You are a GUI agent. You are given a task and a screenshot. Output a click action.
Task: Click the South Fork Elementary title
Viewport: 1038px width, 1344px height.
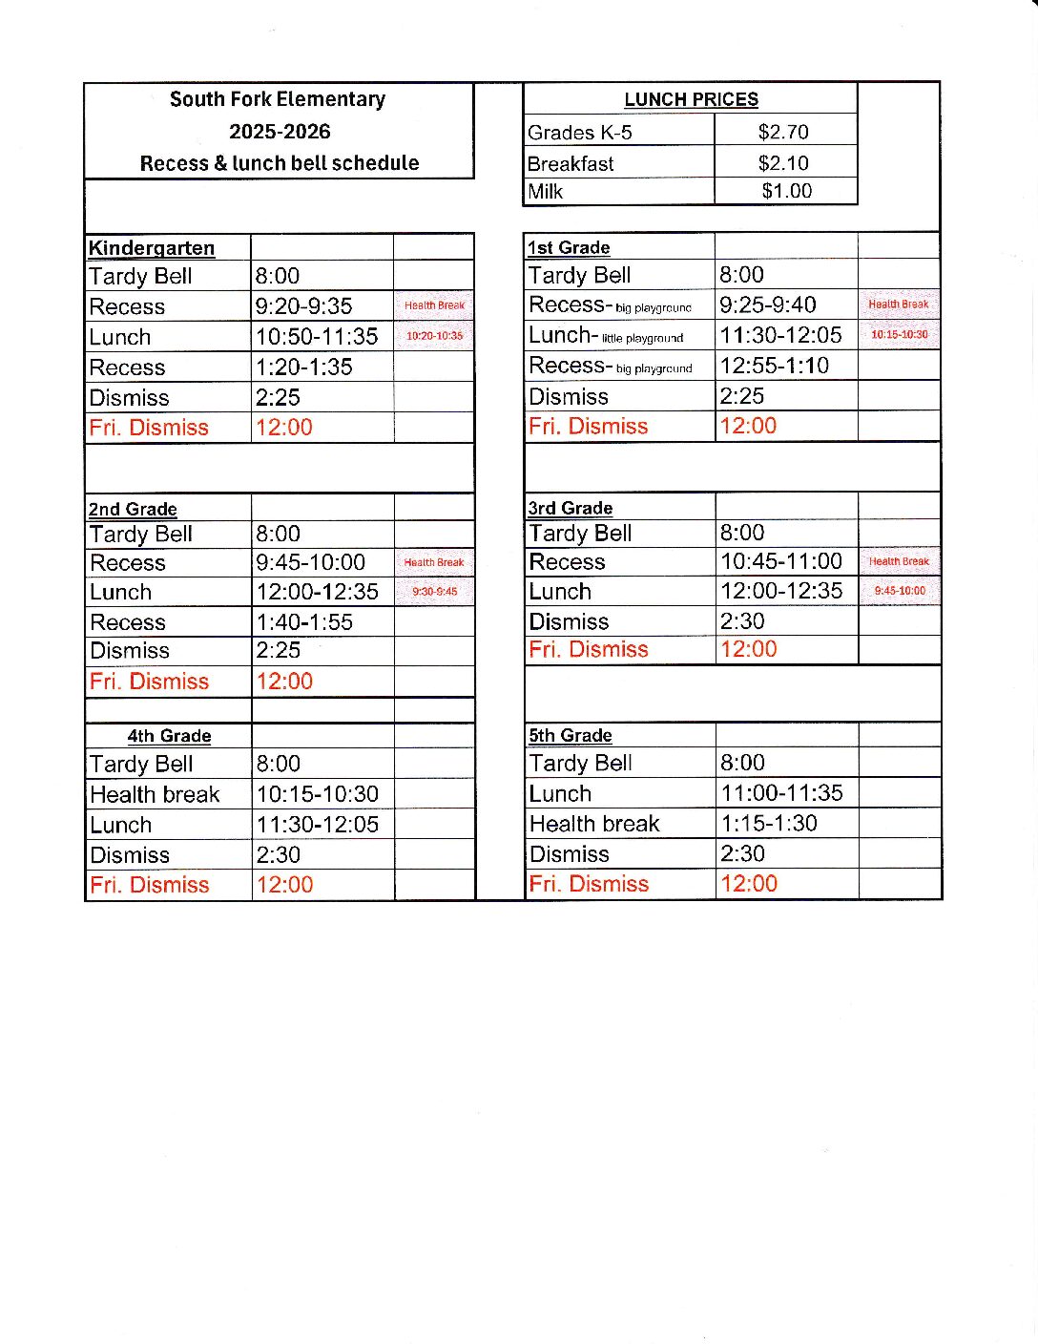pyautogui.click(x=278, y=99)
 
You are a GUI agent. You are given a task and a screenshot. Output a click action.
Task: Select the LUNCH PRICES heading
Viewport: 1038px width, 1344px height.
pyautogui.click(x=691, y=99)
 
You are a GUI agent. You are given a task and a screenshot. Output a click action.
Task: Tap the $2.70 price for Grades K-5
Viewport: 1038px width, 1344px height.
pyautogui.click(x=783, y=132)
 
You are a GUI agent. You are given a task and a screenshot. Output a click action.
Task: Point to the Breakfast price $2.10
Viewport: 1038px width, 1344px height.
pyautogui.click(x=783, y=163)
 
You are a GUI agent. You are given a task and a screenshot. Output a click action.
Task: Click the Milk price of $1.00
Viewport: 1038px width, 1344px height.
pyautogui.click(x=786, y=191)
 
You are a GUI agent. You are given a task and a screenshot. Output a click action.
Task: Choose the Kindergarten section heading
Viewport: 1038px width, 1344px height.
pyautogui.click(x=152, y=248)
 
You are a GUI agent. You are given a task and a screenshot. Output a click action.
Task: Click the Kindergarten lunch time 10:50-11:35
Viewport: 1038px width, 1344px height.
pyautogui.click(x=317, y=337)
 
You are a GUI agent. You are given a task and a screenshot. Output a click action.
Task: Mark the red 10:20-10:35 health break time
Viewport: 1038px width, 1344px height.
pyautogui.click(x=434, y=336)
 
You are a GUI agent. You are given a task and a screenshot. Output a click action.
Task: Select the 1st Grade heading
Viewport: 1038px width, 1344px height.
pyautogui.click(x=569, y=248)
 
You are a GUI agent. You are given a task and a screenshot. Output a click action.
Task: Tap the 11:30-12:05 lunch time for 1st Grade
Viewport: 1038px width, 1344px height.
pyautogui.click(x=780, y=335)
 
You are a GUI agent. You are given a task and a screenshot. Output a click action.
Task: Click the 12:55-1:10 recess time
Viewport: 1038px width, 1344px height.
pyautogui.click(x=774, y=366)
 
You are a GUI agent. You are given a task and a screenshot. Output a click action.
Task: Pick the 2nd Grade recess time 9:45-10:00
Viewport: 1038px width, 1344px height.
pyautogui.click(x=310, y=563)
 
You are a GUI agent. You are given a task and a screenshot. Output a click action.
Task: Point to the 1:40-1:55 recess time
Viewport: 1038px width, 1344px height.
pyautogui.click(x=304, y=622)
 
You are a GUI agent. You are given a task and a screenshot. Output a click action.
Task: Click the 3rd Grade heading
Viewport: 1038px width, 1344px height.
pyautogui.click(x=571, y=508)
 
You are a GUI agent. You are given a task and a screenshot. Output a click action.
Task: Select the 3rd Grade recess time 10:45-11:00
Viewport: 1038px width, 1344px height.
pyautogui.click(x=781, y=561)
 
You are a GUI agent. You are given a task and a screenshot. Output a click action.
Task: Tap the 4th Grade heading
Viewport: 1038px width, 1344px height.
pyautogui.click(x=169, y=736)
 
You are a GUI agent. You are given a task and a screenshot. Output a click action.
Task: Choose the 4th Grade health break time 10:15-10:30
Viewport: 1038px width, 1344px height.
pyautogui.click(x=318, y=794)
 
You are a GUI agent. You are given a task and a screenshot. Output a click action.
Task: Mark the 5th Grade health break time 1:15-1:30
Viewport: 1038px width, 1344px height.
pyautogui.click(x=769, y=824)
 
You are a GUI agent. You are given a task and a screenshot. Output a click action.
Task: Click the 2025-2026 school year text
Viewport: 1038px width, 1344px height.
pyautogui.click(x=280, y=132)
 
